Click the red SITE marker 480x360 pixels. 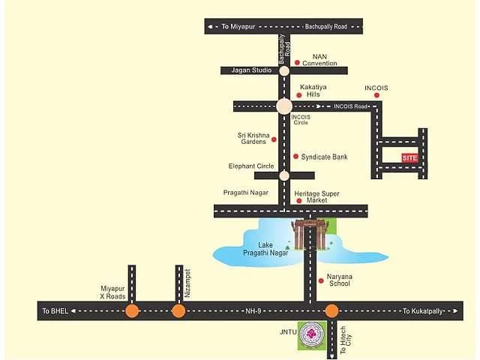point(410,158)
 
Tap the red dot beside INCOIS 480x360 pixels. point(376,95)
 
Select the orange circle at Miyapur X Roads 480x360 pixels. point(132,310)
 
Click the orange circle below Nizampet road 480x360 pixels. point(178,310)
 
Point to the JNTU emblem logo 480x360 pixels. point(312,335)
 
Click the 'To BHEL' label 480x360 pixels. point(55,311)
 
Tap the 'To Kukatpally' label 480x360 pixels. point(422,311)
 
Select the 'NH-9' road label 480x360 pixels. point(253,311)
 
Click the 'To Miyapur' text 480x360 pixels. point(238,27)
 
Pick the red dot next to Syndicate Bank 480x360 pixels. point(295,157)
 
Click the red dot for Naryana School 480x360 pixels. point(321,280)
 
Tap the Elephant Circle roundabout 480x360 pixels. point(284,175)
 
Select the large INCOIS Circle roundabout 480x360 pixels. point(284,106)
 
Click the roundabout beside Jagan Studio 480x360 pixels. point(284,70)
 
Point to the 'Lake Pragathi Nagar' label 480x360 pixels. point(265,249)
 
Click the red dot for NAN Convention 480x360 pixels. point(297,62)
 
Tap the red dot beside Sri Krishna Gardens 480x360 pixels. point(274,139)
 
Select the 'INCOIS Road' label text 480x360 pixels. point(350,106)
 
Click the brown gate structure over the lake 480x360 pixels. point(310,235)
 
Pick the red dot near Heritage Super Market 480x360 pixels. point(299,201)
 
